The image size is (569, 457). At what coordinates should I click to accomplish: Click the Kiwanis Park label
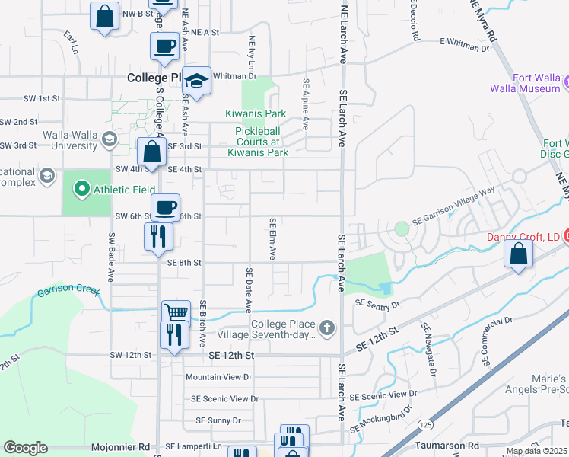coord(256,114)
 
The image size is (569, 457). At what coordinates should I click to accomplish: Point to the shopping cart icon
coord(176,312)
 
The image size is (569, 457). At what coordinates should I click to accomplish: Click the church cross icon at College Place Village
coord(327,328)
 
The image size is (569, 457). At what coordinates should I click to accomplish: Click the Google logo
coord(25,448)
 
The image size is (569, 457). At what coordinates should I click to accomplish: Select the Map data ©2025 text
coord(536,451)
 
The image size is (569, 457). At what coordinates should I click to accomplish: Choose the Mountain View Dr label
coord(218,377)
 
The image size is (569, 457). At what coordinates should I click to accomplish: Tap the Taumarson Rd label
coord(447,444)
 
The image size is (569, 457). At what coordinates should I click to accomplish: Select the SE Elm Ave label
coord(272,238)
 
